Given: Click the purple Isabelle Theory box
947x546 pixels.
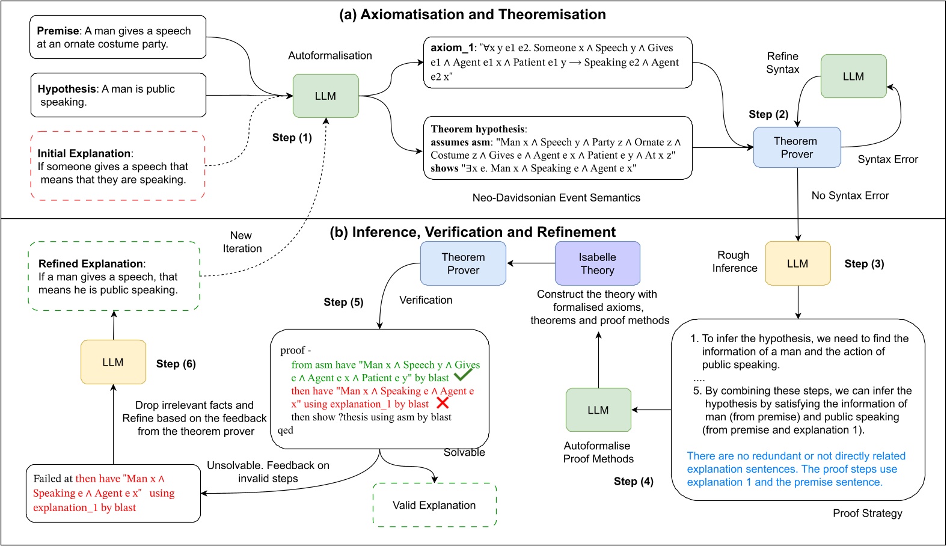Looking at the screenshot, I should pos(597,263).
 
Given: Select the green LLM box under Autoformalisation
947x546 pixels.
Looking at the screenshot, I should pos(325,96).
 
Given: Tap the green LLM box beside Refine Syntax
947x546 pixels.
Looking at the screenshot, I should pos(853,76).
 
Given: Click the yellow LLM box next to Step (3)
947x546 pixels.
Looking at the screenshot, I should pos(797,263).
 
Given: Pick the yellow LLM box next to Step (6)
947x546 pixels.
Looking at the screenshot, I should pos(113,362).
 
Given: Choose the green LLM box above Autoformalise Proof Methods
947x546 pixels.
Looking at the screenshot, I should pos(598,409).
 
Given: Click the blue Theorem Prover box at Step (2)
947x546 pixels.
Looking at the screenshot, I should pos(797,147).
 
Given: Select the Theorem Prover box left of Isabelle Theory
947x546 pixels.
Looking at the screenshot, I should pos(463,263).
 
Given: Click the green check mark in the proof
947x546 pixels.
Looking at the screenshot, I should pos(463,375).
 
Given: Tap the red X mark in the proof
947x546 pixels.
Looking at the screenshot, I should pos(443,403).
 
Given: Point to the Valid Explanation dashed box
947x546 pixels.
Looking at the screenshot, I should pos(434,505).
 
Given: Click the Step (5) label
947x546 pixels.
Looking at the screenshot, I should pos(343,302).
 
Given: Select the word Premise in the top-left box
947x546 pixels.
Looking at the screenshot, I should pos(58,31).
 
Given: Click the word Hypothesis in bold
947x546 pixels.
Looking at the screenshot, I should pos(67,88).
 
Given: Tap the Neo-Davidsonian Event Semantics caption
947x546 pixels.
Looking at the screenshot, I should pos(556,197).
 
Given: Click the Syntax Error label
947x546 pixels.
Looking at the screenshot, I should pos(887,159).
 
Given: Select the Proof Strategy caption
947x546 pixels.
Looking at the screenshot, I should pos(867,513).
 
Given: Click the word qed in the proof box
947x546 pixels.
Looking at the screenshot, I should pos(286,430).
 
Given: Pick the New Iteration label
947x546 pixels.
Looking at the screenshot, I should pos(242,242).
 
